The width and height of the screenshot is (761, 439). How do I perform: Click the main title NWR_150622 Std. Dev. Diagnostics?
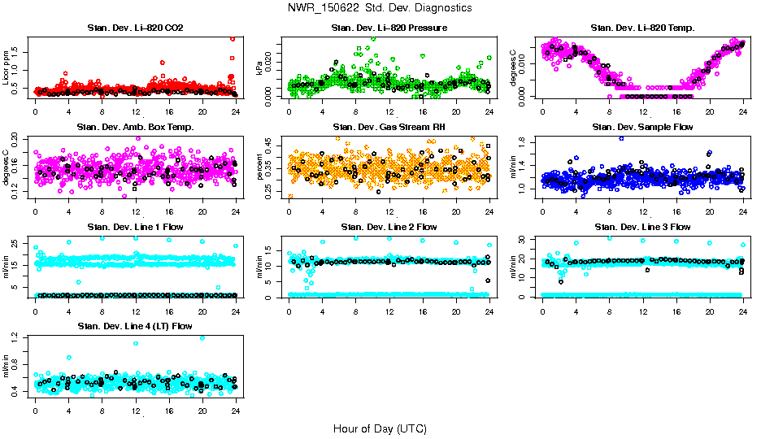pyautogui.click(x=380, y=7)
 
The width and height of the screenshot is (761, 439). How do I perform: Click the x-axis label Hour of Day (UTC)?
pyautogui.click(x=380, y=428)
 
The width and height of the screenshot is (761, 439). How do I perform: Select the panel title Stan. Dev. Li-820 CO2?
pyautogui.click(x=135, y=28)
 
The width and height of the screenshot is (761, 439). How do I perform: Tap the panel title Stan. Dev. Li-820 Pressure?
pyautogui.click(x=389, y=28)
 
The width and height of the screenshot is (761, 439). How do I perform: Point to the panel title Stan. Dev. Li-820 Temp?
pyautogui.click(x=642, y=28)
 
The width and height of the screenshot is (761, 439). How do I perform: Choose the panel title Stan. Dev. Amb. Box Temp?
pyautogui.click(x=135, y=127)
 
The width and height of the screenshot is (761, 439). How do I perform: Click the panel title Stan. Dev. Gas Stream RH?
pyautogui.click(x=389, y=127)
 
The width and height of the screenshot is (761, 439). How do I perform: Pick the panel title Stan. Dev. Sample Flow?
pyautogui.click(x=642, y=127)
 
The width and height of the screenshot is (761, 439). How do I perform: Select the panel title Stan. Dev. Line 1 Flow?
pyautogui.click(x=135, y=227)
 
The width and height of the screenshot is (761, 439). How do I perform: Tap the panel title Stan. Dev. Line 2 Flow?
pyautogui.click(x=389, y=227)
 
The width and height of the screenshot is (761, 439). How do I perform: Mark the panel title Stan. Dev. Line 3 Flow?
pyautogui.click(x=642, y=227)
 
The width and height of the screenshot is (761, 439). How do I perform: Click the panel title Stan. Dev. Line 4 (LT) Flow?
pyautogui.click(x=135, y=326)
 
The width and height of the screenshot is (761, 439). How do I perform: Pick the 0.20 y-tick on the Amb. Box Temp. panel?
pyautogui.click(x=19, y=139)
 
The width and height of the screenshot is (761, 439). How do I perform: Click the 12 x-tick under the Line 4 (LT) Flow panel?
pyautogui.click(x=135, y=411)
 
